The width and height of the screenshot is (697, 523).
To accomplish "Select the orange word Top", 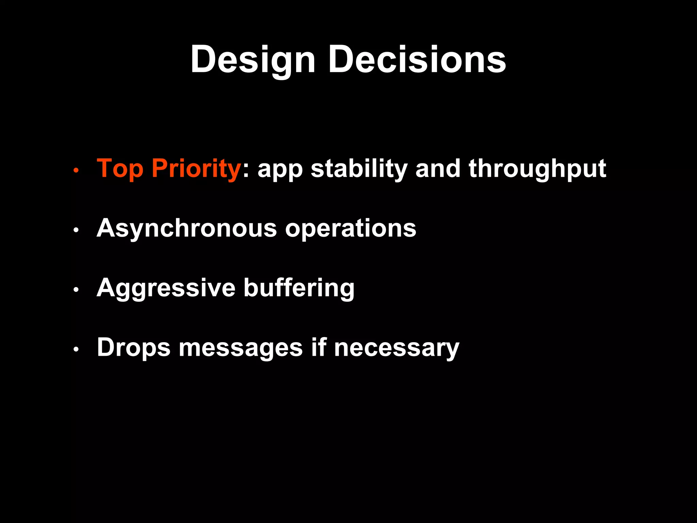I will [120, 169].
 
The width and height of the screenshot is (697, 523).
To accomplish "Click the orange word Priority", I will [196, 169].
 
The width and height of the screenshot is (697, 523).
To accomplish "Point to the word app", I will [280, 169].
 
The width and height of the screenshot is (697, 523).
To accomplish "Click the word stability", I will [359, 169].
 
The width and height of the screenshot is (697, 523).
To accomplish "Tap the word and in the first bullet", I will [438, 169].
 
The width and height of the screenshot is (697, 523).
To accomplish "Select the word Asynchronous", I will [187, 228].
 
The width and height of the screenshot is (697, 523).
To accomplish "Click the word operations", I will [351, 228].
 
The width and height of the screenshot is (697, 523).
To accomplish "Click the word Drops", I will [133, 348].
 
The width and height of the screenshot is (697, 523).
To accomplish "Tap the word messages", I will [241, 348].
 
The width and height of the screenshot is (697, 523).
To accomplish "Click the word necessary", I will [396, 348].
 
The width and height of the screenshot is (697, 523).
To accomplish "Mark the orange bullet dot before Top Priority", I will [76, 170].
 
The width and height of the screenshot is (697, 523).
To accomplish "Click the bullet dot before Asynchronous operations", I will [76, 230].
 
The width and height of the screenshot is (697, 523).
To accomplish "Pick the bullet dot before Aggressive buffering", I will [76, 290].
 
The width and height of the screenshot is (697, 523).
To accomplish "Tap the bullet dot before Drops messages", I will [76, 349].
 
